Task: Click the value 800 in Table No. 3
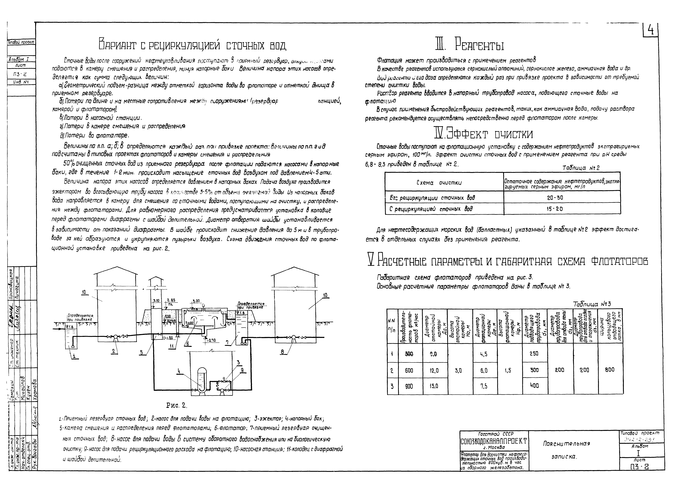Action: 610,369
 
